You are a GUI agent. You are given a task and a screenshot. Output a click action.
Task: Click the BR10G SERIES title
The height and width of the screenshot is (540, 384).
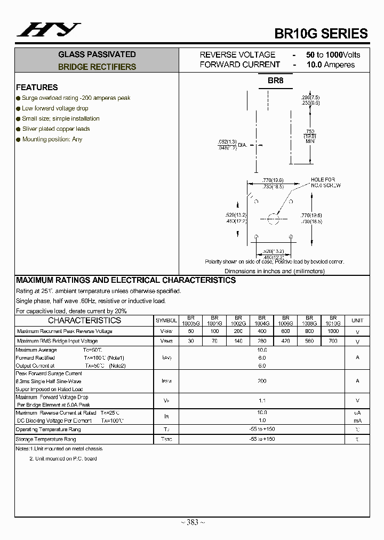321,33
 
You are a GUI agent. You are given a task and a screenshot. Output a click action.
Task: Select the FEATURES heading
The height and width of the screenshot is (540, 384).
37,87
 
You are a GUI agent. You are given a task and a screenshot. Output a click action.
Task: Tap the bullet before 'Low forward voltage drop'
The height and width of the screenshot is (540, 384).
18,108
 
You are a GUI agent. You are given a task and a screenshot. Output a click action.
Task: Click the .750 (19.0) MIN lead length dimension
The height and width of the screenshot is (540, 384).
310,136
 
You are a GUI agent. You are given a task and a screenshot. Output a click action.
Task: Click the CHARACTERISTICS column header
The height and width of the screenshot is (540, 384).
84,320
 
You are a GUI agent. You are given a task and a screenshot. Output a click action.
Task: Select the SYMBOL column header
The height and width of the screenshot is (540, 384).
166,321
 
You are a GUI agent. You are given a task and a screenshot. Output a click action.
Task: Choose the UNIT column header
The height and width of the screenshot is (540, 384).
357,321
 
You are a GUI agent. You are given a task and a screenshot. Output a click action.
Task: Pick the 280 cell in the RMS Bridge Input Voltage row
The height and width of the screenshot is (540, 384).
262,341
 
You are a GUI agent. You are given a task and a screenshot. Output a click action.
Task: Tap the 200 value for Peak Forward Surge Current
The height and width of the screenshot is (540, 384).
262,381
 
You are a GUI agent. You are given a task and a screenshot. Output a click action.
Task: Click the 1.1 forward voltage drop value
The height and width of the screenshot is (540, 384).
262,401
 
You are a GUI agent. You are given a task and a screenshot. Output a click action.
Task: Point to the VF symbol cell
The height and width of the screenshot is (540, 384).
166,401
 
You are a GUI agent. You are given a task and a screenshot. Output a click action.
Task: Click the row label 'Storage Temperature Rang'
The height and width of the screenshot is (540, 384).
46,439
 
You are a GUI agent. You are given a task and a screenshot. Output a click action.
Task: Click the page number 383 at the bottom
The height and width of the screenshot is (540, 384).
192,522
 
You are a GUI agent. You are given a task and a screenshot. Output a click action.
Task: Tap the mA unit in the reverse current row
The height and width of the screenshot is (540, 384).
357,420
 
